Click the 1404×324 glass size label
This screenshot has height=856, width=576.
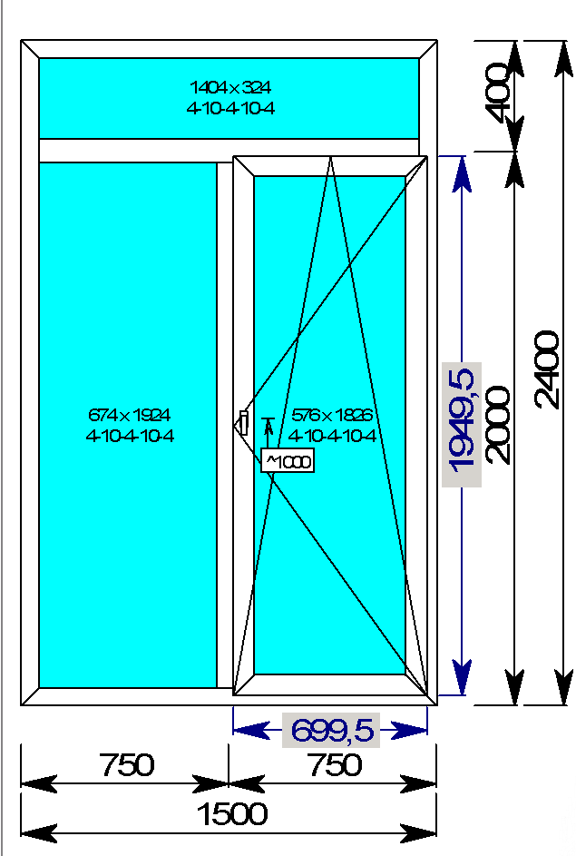pyautogui.click(x=229, y=88)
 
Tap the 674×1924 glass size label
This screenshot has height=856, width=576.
pyautogui.click(x=130, y=415)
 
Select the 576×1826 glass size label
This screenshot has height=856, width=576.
pyautogui.click(x=333, y=415)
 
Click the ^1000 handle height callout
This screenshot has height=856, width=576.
pyautogui.click(x=288, y=461)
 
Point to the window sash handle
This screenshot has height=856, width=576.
pyautogui.click(x=243, y=422)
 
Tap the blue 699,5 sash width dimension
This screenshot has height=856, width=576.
pyautogui.click(x=331, y=730)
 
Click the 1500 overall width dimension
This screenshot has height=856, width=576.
pyautogui.click(x=232, y=814)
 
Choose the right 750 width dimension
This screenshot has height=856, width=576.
pyautogui.click(x=334, y=765)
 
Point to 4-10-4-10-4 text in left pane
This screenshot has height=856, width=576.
pyautogui.click(x=130, y=435)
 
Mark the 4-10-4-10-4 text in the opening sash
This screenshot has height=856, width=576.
pyautogui.click(x=333, y=435)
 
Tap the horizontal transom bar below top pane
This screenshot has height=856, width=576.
pyautogui.click(x=227, y=150)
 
